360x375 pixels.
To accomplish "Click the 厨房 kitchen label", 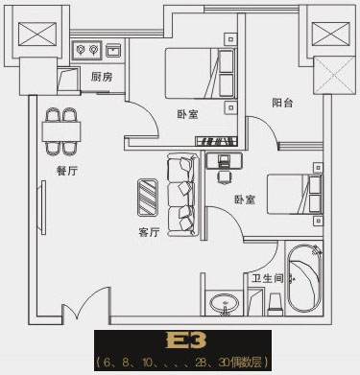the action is click(x=103, y=76).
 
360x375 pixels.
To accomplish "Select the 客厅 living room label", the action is click(x=149, y=231).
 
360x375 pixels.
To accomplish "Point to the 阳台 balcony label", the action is click(x=282, y=102).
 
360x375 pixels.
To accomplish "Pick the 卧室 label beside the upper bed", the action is click(x=187, y=114).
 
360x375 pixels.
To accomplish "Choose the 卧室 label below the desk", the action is click(x=244, y=199).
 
